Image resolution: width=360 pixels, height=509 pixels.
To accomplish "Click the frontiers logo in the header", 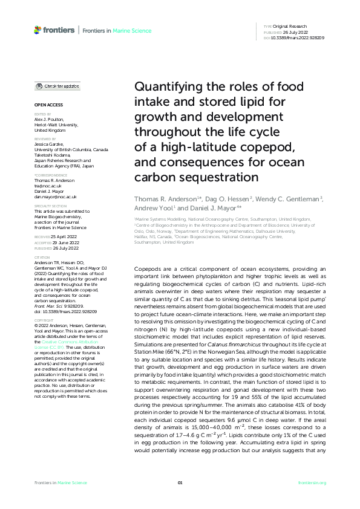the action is tap(54, 30).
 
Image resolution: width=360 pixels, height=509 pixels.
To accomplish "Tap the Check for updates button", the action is tap(57, 86).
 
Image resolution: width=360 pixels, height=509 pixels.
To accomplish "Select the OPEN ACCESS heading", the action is tap(45, 105).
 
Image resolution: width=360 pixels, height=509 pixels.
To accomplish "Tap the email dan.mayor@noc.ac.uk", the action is tap(55, 196).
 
